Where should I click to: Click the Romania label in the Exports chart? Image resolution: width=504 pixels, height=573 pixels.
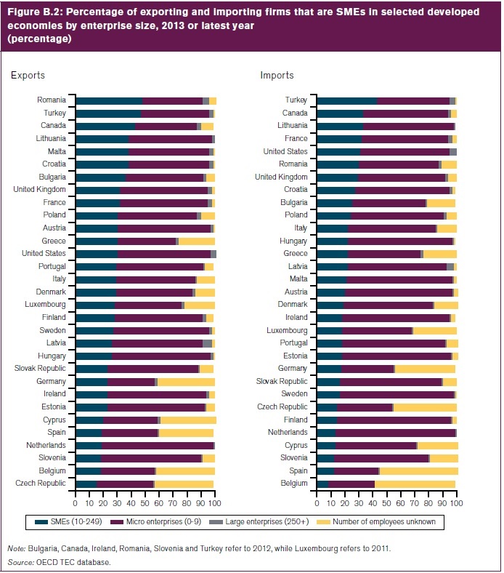point(52,100)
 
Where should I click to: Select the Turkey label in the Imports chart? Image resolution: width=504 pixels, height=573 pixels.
point(296,100)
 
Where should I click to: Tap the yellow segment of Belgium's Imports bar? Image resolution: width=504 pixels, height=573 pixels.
point(415,483)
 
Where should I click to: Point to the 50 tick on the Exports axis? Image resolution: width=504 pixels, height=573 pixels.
point(145,503)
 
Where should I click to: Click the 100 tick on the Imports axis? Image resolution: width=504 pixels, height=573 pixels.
point(456,503)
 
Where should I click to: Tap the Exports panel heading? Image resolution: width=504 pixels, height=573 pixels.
point(28,75)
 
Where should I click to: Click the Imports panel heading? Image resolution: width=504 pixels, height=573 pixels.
point(277,75)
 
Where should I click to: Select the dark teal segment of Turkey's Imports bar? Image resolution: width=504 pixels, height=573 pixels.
point(347,100)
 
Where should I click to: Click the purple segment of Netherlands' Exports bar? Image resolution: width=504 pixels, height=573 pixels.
point(158,445)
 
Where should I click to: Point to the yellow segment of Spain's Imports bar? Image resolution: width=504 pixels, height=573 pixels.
point(418,470)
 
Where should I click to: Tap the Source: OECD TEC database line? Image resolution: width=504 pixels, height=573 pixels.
point(58,562)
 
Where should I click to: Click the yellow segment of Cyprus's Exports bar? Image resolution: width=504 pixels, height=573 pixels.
point(188,420)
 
